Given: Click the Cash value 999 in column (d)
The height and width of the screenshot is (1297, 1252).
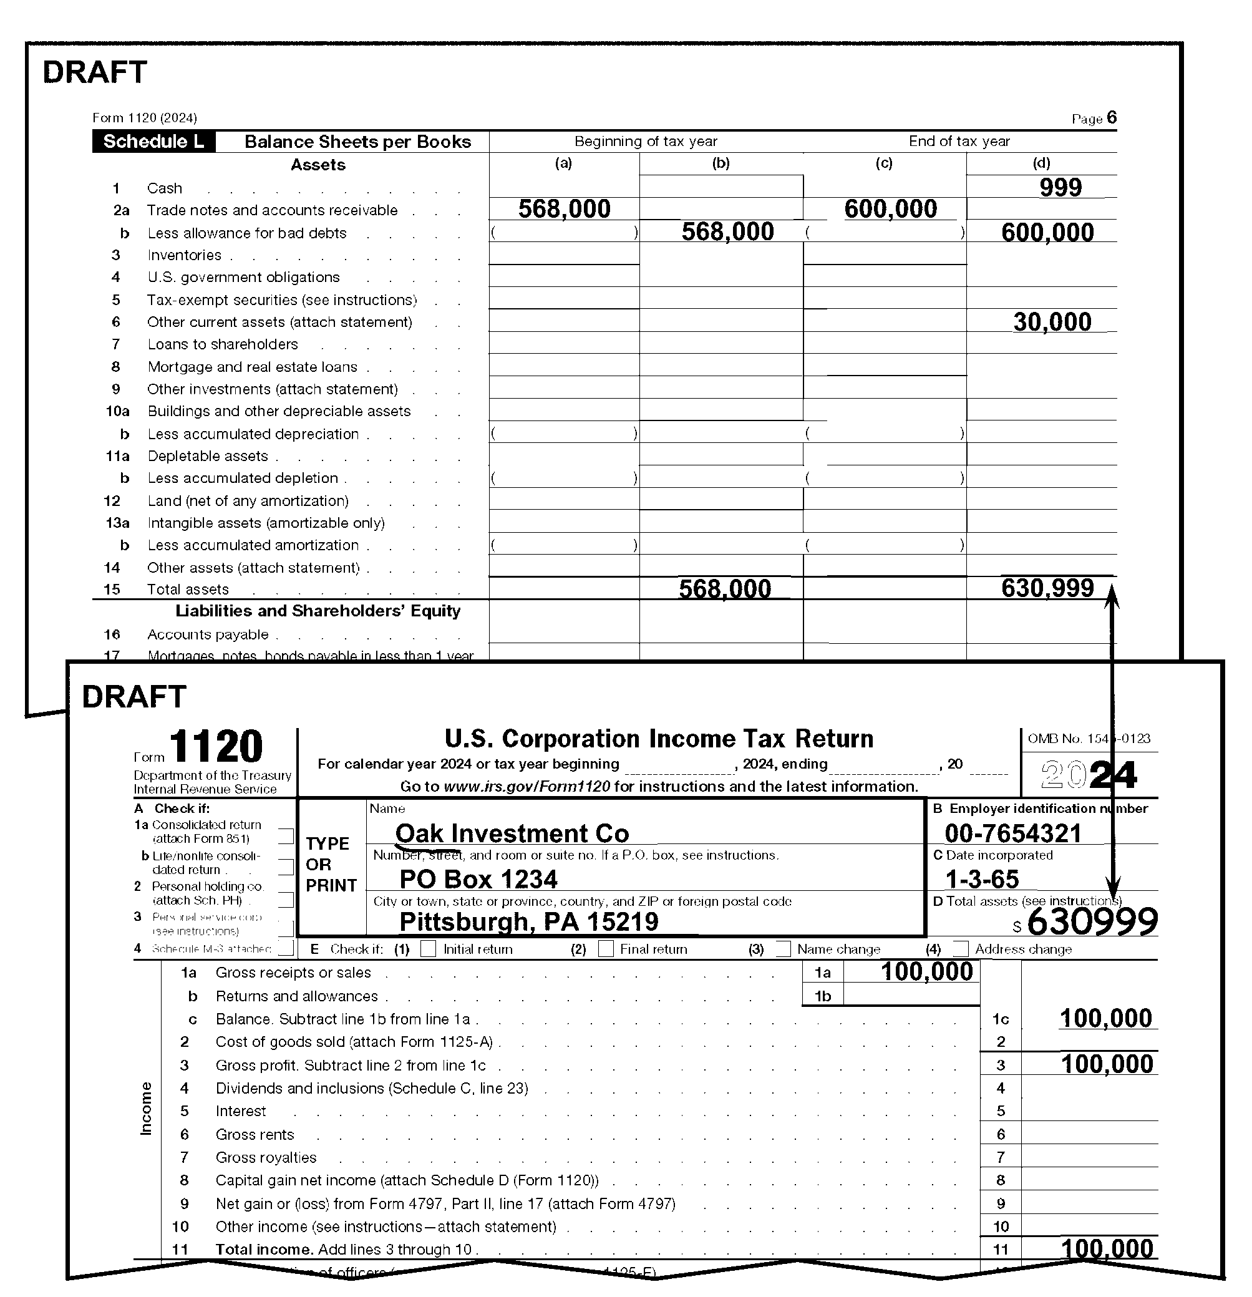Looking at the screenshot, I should (1060, 187).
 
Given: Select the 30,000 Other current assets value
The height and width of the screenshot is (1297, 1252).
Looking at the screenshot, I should (1052, 323).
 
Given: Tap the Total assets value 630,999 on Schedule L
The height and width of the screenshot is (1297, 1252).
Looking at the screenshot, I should (1047, 588).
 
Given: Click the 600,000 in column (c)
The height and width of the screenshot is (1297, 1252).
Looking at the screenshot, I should (891, 209).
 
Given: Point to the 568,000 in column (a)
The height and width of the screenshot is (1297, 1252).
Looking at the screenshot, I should (565, 209).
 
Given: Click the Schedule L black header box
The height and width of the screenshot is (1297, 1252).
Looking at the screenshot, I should (153, 142).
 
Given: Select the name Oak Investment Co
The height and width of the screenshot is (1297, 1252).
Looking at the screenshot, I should (512, 833).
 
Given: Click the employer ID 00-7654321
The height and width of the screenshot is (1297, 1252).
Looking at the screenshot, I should (1012, 833).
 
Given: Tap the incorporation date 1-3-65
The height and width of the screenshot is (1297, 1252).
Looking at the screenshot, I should (982, 879).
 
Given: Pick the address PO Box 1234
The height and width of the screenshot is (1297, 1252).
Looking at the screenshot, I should (478, 879).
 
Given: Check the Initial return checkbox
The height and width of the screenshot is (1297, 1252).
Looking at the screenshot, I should (429, 949).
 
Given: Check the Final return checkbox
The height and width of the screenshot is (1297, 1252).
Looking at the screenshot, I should (606, 949).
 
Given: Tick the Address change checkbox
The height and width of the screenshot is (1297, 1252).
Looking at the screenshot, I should (961, 949).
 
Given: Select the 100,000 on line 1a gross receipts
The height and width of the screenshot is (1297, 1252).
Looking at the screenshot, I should (926, 971).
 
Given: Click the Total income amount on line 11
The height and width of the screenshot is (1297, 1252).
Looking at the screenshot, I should (1107, 1249).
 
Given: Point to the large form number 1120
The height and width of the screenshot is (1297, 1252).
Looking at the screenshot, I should (216, 747).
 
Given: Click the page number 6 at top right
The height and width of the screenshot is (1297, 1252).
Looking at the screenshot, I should (1111, 118).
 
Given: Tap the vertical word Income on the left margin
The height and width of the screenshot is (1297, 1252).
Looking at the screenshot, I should (145, 1109).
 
